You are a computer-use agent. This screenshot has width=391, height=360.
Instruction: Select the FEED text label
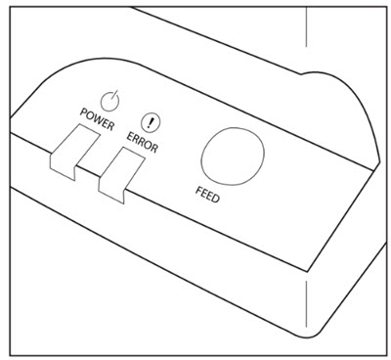(206, 200)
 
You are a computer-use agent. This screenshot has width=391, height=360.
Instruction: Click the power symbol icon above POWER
(114, 102)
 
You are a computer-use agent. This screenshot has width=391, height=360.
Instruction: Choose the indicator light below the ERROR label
(120, 177)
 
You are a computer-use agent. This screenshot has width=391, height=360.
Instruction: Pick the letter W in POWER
(98, 127)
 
